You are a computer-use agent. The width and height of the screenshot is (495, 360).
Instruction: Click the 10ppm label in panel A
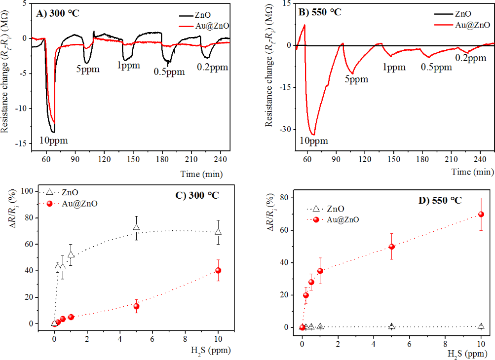(53, 141)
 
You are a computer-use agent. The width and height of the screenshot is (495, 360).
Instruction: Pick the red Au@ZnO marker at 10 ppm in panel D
(481, 214)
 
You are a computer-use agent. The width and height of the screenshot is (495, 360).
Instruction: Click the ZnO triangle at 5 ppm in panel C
(136, 227)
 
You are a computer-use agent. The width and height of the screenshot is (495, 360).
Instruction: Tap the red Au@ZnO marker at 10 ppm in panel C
(218, 270)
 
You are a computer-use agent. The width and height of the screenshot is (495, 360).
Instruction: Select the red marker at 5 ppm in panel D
(392, 247)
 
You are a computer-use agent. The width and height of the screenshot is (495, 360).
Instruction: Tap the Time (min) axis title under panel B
(472, 172)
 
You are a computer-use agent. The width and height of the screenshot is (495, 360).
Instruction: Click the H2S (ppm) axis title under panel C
(205, 351)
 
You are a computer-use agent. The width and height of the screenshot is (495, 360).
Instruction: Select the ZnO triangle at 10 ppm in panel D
(481, 326)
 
